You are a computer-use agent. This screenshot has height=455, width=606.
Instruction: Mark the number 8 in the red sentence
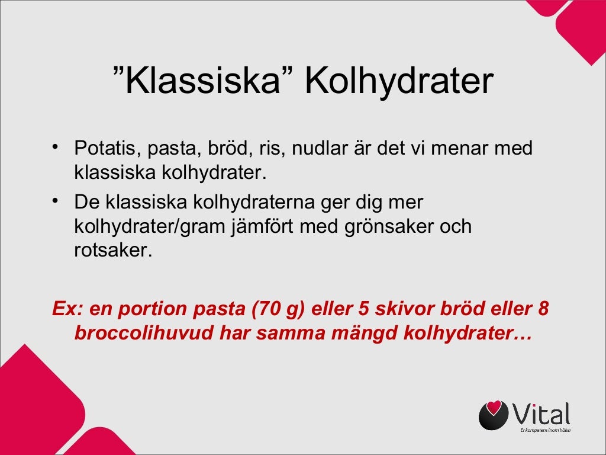(544, 309)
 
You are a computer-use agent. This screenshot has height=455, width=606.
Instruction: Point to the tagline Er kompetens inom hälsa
(545, 430)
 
